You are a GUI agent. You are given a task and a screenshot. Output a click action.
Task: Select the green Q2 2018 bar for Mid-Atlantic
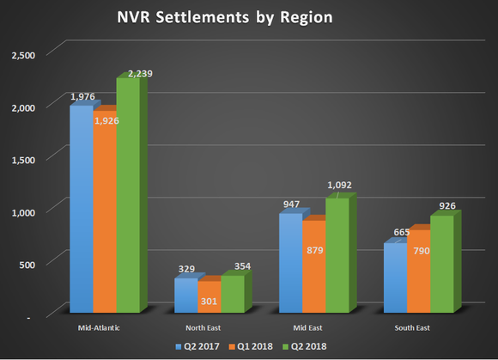[128, 198]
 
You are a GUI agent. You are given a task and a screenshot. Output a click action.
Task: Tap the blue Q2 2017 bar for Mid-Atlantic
[81, 211]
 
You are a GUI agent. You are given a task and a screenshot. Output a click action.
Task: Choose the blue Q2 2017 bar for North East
[186, 296]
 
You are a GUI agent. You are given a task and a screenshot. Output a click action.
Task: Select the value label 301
[209, 301]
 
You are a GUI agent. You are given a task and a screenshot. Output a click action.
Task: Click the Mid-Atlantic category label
[94, 327]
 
